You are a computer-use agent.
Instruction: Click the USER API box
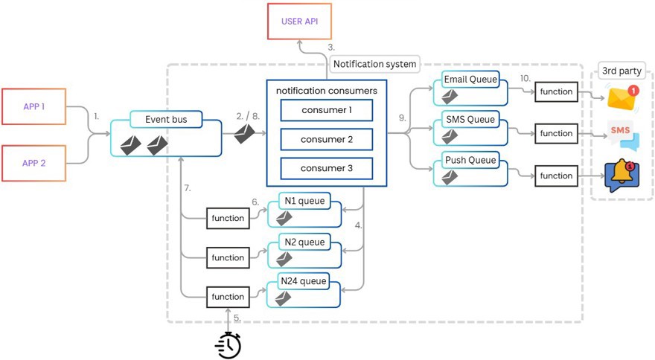click(299, 22)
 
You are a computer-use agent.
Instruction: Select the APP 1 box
click(33, 106)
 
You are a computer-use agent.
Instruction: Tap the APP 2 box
click(33, 164)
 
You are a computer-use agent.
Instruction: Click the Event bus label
click(166, 120)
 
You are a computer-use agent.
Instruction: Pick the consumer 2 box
click(327, 140)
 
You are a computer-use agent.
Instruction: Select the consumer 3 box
click(327, 168)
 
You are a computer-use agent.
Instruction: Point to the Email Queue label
click(470, 80)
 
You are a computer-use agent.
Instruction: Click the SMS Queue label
click(470, 120)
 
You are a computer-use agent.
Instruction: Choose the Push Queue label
click(470, 160)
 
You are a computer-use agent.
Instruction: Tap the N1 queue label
click(304, 201)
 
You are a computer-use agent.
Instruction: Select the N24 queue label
click(303, 281)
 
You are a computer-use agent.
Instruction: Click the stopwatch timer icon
click(229, 345)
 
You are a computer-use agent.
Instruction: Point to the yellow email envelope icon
click(623, 99)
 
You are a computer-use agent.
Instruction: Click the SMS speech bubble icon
click(623, 135)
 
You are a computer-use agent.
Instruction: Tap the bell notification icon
click(622, 176)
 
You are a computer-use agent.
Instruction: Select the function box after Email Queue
click(557, 92)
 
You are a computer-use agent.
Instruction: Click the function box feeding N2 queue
click(228, 257)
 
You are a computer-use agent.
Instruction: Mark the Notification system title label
click(374, 64)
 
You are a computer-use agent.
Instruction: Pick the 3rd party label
click(622, 71)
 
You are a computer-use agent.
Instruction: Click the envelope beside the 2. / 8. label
click(244, 134)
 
